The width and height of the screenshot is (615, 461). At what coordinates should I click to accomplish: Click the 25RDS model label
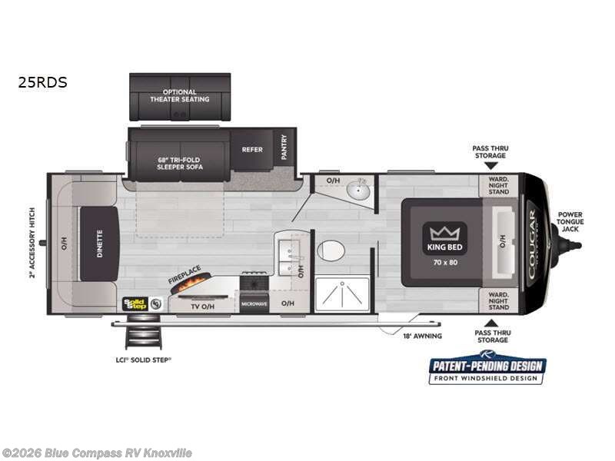(42, 81)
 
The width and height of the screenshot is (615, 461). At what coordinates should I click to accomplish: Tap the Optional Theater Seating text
(179, 96)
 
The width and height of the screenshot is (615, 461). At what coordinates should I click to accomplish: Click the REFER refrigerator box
(253, 150)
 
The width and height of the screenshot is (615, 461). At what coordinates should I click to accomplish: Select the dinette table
(98, 244)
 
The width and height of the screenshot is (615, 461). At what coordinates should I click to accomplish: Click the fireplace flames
(191, 286)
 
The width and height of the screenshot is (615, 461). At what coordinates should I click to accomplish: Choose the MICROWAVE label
(254, 304)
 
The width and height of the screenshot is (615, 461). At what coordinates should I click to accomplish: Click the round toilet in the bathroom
(332, 250)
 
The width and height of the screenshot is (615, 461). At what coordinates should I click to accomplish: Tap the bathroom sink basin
(357, 188)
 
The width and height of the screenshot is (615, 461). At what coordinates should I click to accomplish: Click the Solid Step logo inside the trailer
(136, 303)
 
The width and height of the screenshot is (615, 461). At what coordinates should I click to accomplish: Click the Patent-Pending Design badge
(487, 368)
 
